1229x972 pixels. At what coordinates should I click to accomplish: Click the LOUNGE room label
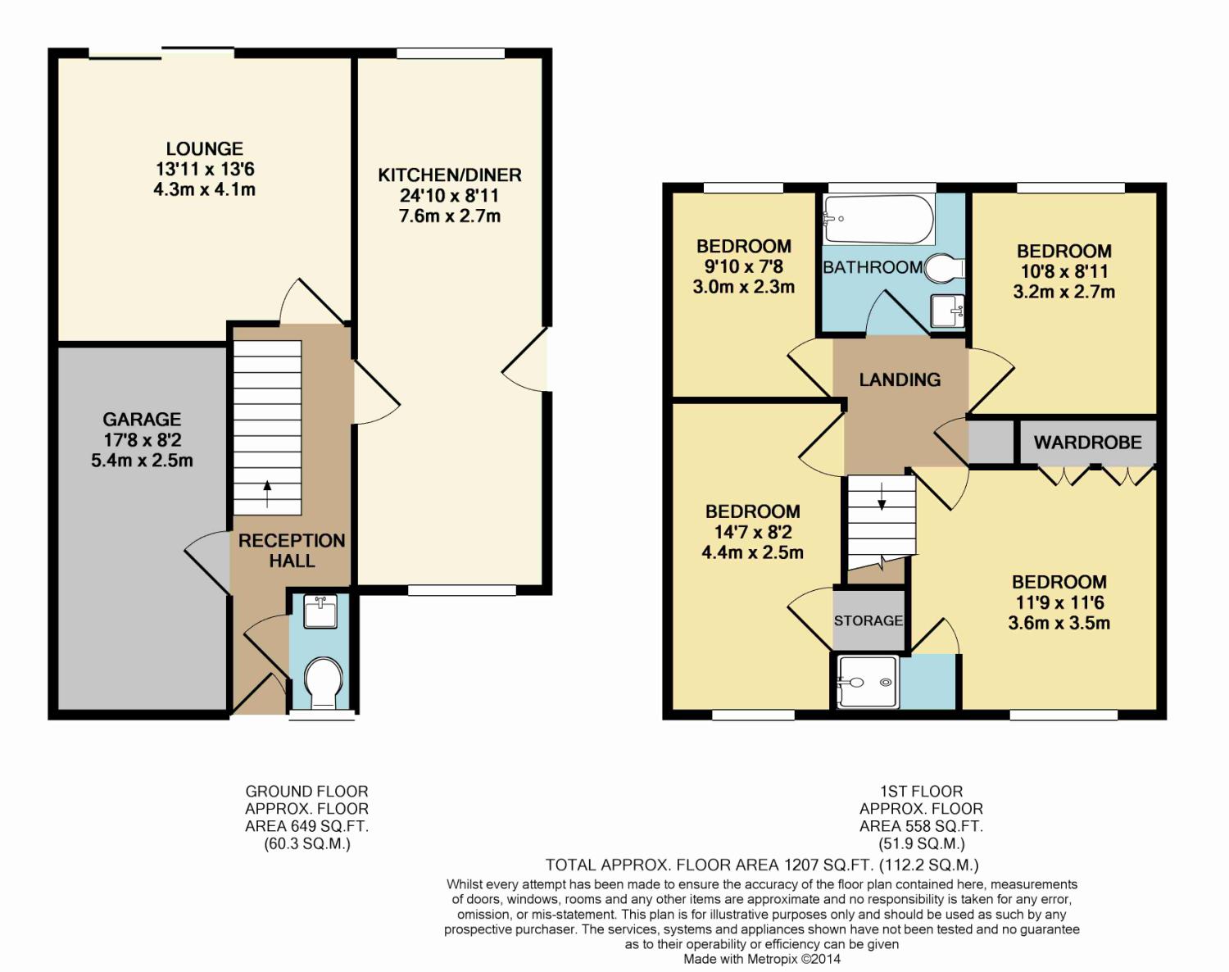click(205, 148)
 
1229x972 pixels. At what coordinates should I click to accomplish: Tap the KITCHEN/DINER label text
click(450, 175)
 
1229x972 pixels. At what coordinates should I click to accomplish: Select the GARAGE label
click(142, 420)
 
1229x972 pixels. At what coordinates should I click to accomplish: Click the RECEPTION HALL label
click(291, 550)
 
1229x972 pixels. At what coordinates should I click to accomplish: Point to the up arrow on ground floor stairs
click(267, 493)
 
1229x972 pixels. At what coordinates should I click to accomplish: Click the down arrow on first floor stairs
click(882, 497)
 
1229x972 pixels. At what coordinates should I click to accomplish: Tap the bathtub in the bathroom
click(879, 219)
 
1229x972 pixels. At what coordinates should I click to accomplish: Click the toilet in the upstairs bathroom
click(944, 268)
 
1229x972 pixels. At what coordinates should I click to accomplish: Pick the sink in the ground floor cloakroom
click(320, 611)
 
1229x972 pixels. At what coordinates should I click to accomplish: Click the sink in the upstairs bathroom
click(947, 311)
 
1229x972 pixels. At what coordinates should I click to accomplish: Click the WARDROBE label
click(1087, 443)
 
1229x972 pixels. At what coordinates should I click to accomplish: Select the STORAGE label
click(868, 620)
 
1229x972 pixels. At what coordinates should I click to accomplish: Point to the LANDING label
click(900, 379)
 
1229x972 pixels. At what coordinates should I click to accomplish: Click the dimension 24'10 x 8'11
click(450, 195)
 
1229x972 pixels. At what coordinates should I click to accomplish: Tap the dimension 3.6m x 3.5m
click(1059, 623)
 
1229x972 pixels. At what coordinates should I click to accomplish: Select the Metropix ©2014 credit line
click(761, 959)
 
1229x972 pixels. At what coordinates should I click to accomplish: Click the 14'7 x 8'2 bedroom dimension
click(753, 532)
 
